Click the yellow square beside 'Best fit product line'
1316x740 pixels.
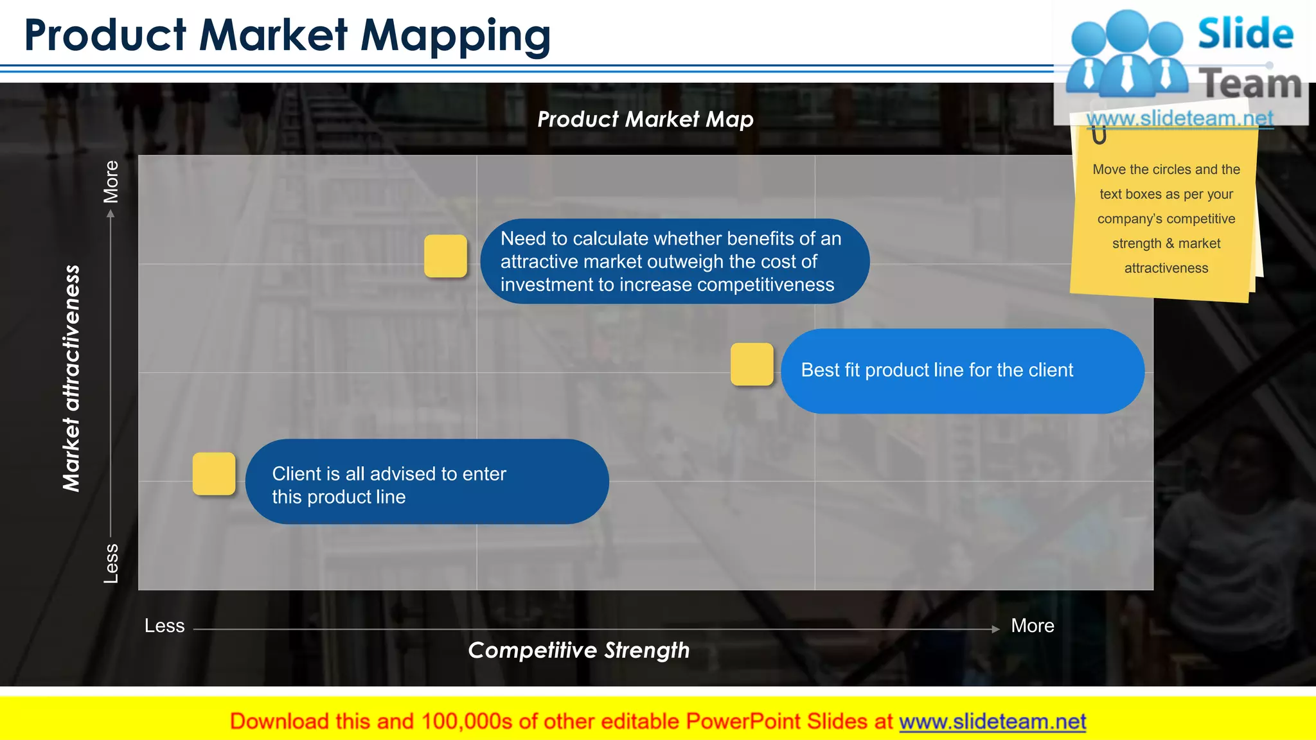click(x=752, y=364)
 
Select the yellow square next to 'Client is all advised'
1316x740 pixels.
click(x=214, y=473)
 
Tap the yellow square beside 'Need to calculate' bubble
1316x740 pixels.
click(x=445, y=256)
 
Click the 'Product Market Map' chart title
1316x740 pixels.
click(x=645, y=119)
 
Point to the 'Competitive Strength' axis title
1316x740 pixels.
click(x=578, y=650)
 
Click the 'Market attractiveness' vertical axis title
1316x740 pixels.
click(x=71, y=378)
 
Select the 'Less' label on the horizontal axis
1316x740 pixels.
click(x=164, y=626)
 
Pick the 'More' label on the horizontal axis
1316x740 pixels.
click(x=1032, y=626)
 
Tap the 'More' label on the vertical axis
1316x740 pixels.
click(x=111, y=182)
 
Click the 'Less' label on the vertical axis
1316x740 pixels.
click(x=111, y=563)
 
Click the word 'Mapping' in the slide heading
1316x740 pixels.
click(x=455, y=35)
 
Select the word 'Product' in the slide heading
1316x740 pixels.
click(x=105, y=35)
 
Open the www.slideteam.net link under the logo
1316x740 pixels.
click(x=1180, y=118)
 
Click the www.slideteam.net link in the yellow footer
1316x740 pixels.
click(x=992, y=721)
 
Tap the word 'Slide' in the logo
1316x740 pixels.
click(x=1245, y=33)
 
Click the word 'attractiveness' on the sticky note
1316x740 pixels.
click(x=1166, y=268)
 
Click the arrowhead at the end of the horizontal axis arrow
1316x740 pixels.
click(x=995, y=629)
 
